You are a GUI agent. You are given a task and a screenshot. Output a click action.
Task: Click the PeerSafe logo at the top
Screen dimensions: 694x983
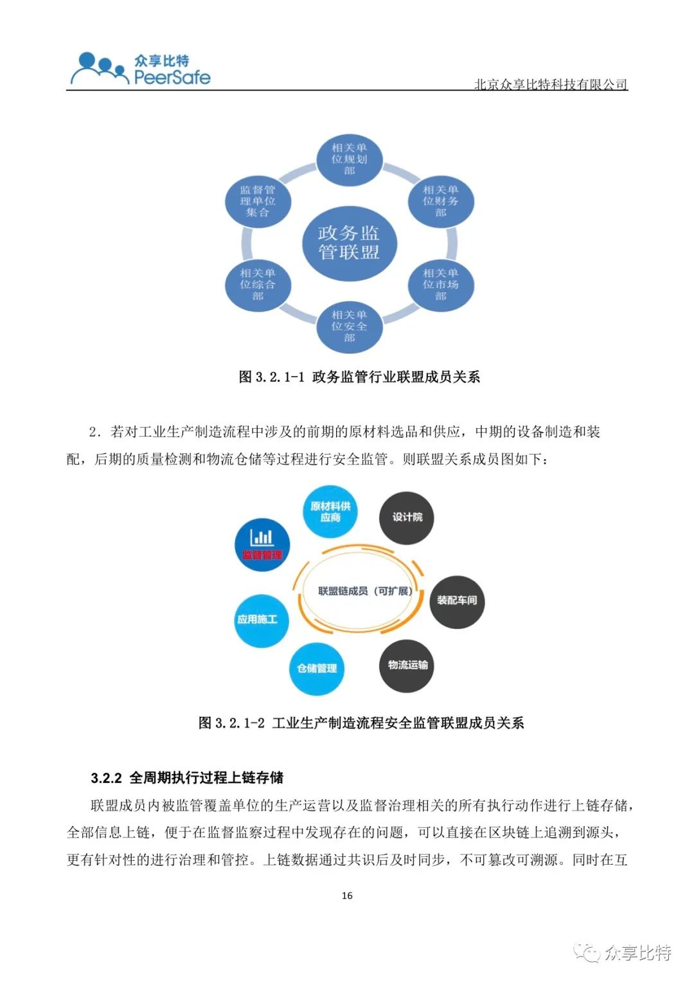tap(140, 68)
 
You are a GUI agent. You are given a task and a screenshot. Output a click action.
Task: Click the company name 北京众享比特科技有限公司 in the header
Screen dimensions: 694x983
tap(551, 84)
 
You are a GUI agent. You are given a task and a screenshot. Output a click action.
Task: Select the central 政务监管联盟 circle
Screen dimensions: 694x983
tap(349, 242)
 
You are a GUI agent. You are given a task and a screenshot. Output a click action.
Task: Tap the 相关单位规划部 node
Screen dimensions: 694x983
tap(349, 159)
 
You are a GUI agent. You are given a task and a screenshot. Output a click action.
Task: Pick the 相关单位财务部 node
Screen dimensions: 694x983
tap(440, 201)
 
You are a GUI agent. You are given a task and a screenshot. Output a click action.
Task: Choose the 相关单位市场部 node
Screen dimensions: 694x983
tap(440, 284)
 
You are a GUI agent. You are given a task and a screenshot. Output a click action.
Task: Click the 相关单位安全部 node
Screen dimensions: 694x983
tap(349, 326)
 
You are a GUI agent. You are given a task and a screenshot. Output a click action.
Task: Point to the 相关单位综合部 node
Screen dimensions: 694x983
tap(258, 284)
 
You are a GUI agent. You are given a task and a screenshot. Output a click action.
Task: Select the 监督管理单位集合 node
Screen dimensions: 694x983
tap(258, 201)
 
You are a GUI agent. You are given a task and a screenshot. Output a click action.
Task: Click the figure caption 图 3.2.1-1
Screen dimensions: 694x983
tap(359, 377)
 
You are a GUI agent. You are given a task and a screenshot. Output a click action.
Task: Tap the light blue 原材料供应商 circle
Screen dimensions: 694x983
tap(330, 512)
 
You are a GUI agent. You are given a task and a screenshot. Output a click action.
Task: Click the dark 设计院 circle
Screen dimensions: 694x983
tap(407, 518)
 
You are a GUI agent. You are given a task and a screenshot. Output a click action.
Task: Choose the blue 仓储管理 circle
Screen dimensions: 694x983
tap(317, 669)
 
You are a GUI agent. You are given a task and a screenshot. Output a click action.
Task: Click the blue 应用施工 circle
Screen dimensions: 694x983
tap(262, 620)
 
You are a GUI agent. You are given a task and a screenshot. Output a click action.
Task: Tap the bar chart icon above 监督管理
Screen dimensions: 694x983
tap(262, 537)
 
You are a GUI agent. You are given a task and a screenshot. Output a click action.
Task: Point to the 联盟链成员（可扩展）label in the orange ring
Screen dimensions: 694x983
tap(365, 591)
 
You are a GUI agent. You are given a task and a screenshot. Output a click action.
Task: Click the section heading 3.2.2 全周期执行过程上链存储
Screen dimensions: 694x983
tap(187, 778)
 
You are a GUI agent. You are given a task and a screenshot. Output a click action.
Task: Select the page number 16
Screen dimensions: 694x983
tap(347, 896)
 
